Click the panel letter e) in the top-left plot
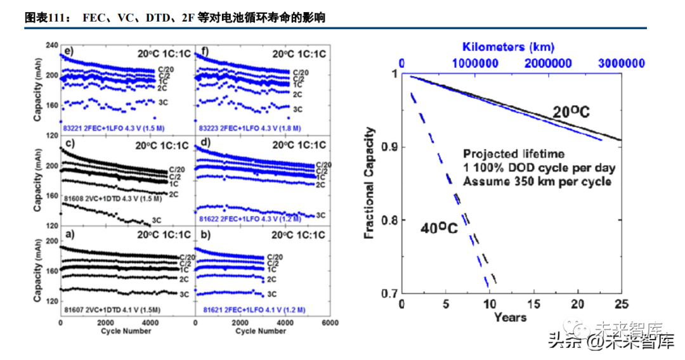tap(67, 51)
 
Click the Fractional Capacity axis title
tap(370, 183)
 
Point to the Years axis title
tap(511, 317)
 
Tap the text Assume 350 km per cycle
tap(537, 182)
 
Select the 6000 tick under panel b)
tap(328, 323)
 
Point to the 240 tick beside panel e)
tap(51, 46)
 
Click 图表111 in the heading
tap(44, 18)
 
